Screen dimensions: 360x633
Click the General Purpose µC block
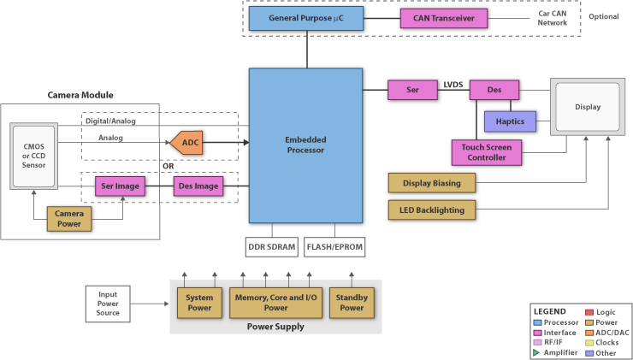tap(305, 17)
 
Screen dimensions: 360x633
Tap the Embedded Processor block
tap(305, 145)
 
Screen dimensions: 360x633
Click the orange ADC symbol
tap(188, 143)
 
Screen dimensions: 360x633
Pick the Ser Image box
tap(120, 186)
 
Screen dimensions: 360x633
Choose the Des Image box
tap(198, 186)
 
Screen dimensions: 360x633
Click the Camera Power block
tap(69, 218)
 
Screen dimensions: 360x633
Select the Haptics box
tap(510, 121)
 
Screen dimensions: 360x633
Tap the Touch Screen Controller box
tap(484, 152)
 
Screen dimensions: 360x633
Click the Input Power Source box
tap(108, 303)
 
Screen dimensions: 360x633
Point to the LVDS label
tap(453, 85)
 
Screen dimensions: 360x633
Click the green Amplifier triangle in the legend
tap(536, 352)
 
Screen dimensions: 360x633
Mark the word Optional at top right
tap(603, 17)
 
